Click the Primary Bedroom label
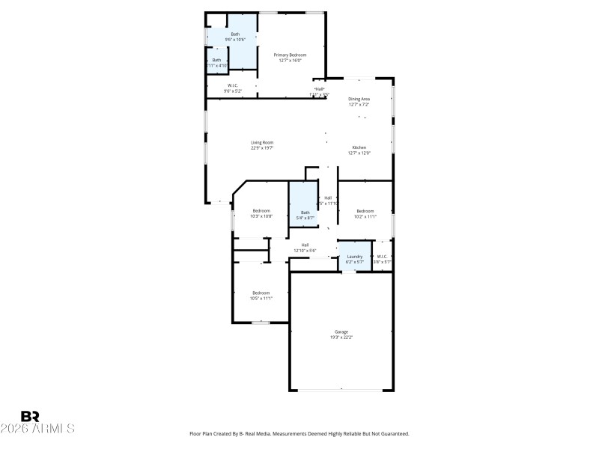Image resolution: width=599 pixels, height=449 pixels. point(290,55)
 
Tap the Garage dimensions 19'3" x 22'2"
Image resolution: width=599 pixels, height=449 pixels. point(341,337)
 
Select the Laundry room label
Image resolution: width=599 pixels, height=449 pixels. point(354,257)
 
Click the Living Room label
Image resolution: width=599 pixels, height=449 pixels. point(262,142)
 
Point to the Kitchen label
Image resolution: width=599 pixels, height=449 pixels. point(359,147)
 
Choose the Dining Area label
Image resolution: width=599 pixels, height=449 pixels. point(359,99)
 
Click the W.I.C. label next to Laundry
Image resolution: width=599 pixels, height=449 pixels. point(382,257)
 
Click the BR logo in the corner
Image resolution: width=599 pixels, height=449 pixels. point(30,416)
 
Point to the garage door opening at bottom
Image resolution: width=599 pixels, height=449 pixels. point(341,389)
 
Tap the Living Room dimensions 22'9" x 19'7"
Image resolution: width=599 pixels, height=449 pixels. point(262,148)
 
